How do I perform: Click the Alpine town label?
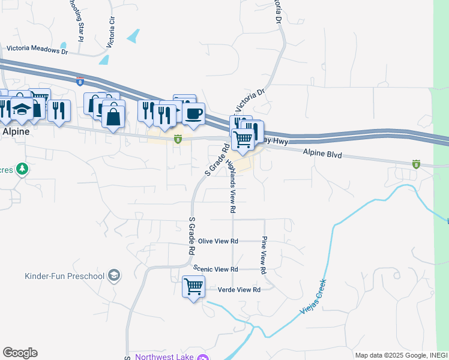pyautogui.click(x=15, y=131)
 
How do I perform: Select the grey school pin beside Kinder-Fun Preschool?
pyautogui.click(x=113, y=276)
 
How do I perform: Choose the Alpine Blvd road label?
pyautogui.click(x=322, y=154)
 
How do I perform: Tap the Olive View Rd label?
pyautogui.click(x=218, y=241)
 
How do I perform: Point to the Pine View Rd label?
pyautogui.click(x=264, y=256)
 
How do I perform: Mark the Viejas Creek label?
pyautogui.click(x=313, y=296)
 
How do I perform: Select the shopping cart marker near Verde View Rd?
pyautogui.click(x=193, y=287)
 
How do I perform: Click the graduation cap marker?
pyautogui.click(x=22, y=109)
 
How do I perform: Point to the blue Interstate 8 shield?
pyautogui.click(x=80, y=82)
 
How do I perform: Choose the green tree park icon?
pyautogui.click(x=22, y=169)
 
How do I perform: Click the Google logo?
pyautogui.click(x=20, y=353)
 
